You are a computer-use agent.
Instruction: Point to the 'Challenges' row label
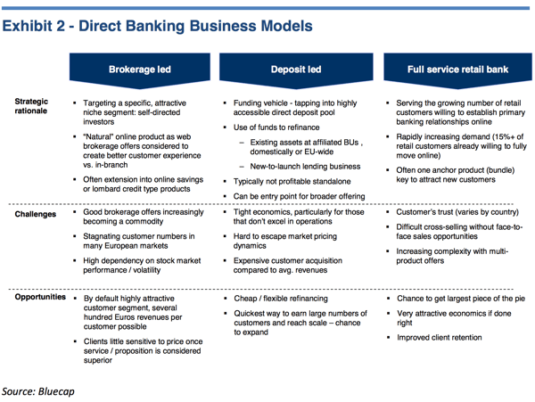pyautogui.click(x=36, y=215)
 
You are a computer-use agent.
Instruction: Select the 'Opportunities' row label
pyautogui.click(x=40, y=297)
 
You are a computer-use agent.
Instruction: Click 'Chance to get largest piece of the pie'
pyautogui.click(x=459, y=299)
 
